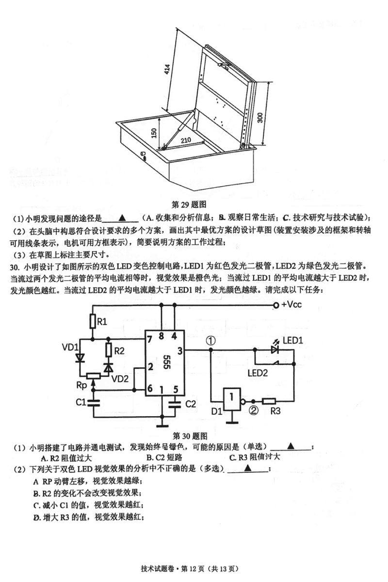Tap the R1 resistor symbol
click(92, 321)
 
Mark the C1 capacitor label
click(81, 402)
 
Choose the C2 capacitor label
click(191, 403)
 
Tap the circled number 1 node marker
click(210, 341)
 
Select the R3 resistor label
click(276, 411)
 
